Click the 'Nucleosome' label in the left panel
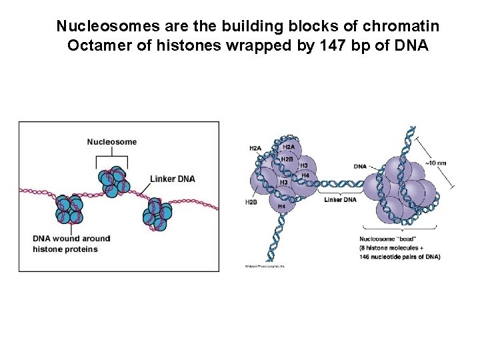[x=111, y=141]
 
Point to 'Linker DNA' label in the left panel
[x=172, y=179]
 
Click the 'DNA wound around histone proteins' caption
[x=71, y=243]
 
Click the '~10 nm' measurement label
[x=436, y=163]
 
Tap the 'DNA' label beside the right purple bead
[x=360, y=166]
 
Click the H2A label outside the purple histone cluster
[x=255, y=148]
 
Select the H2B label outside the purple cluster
[x=251, y=201]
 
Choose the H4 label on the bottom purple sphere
[x=282, y=207]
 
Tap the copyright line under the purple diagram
[x=265, y=266]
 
